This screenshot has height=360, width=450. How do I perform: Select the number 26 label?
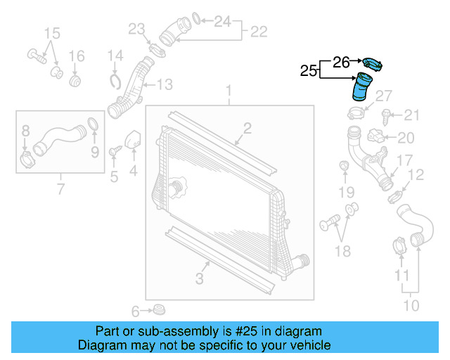click(341, 62)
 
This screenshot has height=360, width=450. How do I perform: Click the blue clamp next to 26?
click(372, 65)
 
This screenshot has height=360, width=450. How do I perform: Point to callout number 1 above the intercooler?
click(229, 92)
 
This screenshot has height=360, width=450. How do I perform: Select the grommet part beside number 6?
click(160, 309)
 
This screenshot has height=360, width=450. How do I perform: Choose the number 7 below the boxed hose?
click(60, 188)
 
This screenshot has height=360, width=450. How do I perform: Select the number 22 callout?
click(259, 32)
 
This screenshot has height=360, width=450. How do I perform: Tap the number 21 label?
click(411, 115)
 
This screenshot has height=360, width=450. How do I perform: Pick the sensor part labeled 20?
click(380, 136)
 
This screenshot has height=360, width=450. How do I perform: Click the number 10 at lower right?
click(411, 305)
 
